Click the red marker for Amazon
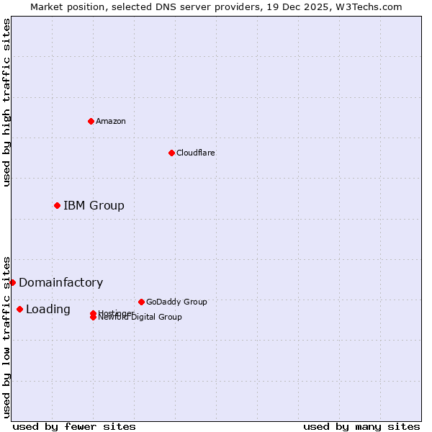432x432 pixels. [91, 121]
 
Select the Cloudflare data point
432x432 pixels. [171, 153]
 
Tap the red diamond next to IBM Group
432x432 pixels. [57, 205]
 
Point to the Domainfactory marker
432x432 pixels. [12, 282]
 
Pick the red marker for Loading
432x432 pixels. [19, 309]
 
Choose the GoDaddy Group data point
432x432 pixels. [141, 302]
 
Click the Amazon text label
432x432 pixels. [111, 121]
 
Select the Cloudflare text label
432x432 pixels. [195, 153]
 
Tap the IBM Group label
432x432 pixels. [94, 205]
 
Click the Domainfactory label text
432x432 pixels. [60, 282]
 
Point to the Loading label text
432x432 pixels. [48, 309]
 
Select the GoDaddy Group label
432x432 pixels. [176, 302]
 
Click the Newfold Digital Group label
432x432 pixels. [140, 318]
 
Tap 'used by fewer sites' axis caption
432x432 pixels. [74, 426]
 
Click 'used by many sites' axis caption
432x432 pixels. [361, 426]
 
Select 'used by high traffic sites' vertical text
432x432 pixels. [6, 102]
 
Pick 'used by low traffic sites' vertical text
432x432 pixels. [6, 336]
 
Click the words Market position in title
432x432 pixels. [64, 6]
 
